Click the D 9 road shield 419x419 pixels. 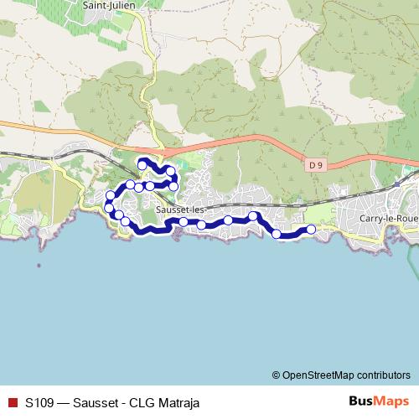pos(315,165)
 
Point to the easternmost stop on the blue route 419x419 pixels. pos(312,229)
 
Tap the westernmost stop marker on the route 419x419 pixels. pos(108,207)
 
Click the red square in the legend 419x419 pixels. pos(12,402)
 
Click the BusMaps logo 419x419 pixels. pos(375,401)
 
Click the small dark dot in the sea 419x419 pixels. pos(38,266)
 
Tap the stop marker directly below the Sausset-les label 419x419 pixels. pos(183,222)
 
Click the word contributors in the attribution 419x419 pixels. pos(381,375)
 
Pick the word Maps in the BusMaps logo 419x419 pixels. pos(387,401)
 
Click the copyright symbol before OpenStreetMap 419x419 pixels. pos(277,375)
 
